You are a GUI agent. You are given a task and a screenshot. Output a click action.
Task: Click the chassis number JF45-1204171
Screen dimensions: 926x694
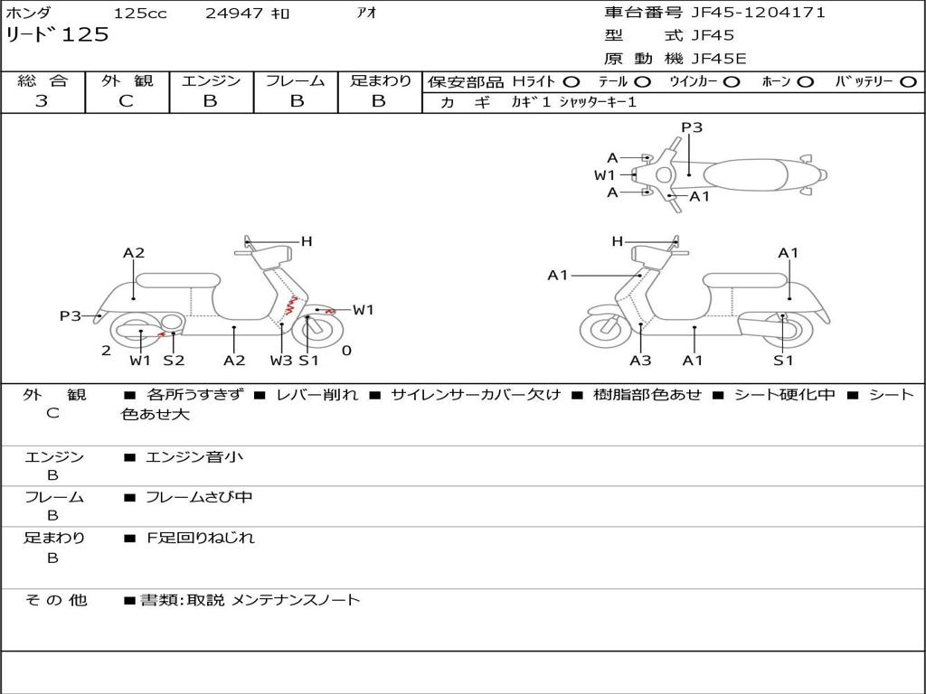coord(758,13)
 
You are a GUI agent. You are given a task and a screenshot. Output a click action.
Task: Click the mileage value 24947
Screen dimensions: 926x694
coord(234,13)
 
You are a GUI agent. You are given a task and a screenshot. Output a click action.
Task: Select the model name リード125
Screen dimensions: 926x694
coord(57,35)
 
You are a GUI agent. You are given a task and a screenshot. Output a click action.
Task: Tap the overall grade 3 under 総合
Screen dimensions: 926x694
coord(42,100)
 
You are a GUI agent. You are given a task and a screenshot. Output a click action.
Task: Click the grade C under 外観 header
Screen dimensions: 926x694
coord(127,101)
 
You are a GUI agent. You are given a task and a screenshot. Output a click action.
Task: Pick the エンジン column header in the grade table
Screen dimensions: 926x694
coord(211,80)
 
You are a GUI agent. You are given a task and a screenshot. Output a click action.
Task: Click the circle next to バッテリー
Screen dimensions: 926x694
coord(908,82)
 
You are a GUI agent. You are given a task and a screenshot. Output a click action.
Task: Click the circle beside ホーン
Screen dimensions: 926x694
coord(805,82)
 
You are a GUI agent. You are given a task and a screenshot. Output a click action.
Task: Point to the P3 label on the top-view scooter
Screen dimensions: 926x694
coord(692,127)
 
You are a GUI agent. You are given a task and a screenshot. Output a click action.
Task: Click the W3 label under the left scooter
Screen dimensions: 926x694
coord(281,360)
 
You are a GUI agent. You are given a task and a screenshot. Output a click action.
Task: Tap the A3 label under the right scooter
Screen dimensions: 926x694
coord(640,360)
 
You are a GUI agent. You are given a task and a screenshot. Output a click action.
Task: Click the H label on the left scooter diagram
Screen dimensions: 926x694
coord(307,240)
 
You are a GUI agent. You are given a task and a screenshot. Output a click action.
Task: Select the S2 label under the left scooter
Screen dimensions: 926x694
coord(174,360)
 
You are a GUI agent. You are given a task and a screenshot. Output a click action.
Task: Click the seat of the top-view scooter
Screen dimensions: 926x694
coord(745,175)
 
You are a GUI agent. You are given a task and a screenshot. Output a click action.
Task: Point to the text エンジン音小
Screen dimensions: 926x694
coord(194,456)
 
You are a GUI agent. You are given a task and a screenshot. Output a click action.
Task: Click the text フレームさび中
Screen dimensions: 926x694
coord(199,498)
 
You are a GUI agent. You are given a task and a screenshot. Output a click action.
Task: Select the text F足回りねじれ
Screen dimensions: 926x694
coord(200,539)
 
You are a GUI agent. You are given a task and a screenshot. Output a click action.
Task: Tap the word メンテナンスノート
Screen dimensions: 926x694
coord(295,600)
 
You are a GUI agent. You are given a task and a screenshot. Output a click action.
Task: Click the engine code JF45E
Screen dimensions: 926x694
coord(719,59)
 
